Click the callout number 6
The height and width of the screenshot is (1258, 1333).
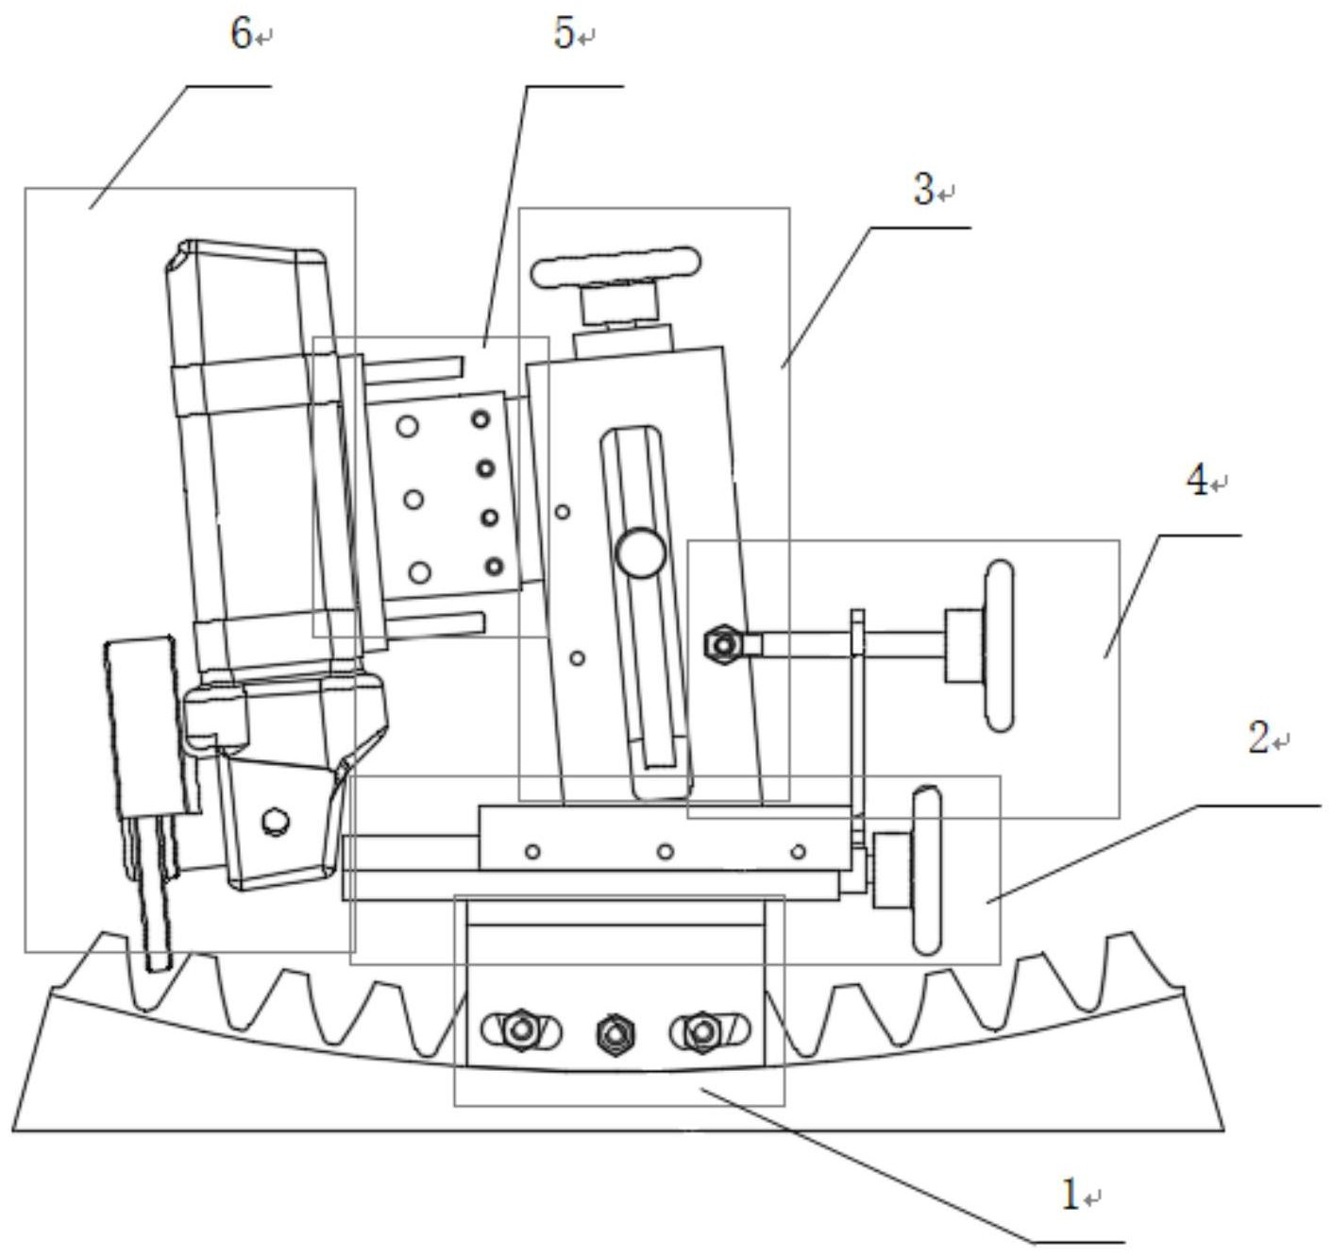(241, 34)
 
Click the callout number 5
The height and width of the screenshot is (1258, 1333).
(564, 34)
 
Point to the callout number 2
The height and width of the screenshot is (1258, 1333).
(1258, 739)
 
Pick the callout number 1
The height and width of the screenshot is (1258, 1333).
(1070, 1196)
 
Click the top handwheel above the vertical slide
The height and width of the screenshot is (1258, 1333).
(616, 267)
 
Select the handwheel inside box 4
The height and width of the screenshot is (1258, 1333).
(999, 645)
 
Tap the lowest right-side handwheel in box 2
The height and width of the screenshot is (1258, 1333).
(926, 871)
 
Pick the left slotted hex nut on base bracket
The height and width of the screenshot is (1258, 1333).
(520, 1028)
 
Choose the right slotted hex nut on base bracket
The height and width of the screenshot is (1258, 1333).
(701, 1028)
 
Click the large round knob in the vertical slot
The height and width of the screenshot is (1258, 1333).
(641, 553)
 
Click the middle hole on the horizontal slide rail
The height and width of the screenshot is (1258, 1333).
(666, 852)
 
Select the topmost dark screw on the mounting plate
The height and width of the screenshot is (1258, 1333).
(481, 419)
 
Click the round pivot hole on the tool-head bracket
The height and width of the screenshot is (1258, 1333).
(276, 820)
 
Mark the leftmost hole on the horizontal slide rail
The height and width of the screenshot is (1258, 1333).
(533, 852)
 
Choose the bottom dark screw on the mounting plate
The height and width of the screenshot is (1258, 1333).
(495, 567)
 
